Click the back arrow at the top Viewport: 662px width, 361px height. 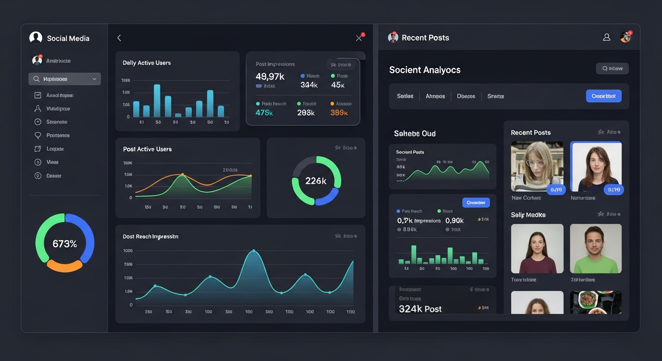pos(119,38)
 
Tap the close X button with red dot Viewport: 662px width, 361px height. pos(359,38)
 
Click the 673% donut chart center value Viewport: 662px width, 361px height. pos(65,243)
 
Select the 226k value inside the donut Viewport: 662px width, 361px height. pos(316,181)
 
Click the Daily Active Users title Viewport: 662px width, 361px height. pos(147,63)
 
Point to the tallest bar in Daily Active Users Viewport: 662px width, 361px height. pos(157,101)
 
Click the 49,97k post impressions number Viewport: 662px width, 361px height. pos(270,76)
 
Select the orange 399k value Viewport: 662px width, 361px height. pos(339,113)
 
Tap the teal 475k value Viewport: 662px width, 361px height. pos(264,113)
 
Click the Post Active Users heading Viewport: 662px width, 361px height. pos(147,149)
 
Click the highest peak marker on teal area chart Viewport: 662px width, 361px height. pos(253,251)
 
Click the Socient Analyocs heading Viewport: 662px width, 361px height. pos(425,70)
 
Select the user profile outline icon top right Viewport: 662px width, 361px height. pos(607,38)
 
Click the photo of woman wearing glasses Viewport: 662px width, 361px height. pos(537,166)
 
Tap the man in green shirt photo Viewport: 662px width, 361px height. pos(596,248)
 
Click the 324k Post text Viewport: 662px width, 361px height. pos(420,309)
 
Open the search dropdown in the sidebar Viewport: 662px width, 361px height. pos(65,79)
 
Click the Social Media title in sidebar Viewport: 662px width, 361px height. pos(68,39)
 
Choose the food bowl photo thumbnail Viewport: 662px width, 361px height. pos(596,302)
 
